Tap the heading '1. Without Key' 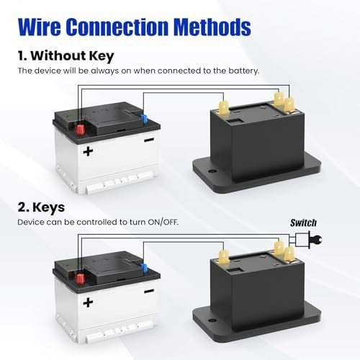click(66, 56)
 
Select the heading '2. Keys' click(41, 207)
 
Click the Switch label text click(303, 223)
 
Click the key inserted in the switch click(315, 240)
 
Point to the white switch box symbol click(302, 240)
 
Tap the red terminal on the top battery click(81, 130)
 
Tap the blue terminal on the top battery click(144, 119)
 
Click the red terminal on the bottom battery click(81, 279)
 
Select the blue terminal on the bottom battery click(144, 268)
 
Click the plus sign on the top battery click(88, 151)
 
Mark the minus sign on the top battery click(149, 140)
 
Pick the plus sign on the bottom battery click(88, 302)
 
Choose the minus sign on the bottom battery click(149, 291)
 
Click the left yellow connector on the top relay click(224, 107)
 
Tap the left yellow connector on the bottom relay click(224, 256)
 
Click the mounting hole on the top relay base click(212, 171)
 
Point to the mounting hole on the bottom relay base click(212, 320)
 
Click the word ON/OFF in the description click(163, 222)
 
